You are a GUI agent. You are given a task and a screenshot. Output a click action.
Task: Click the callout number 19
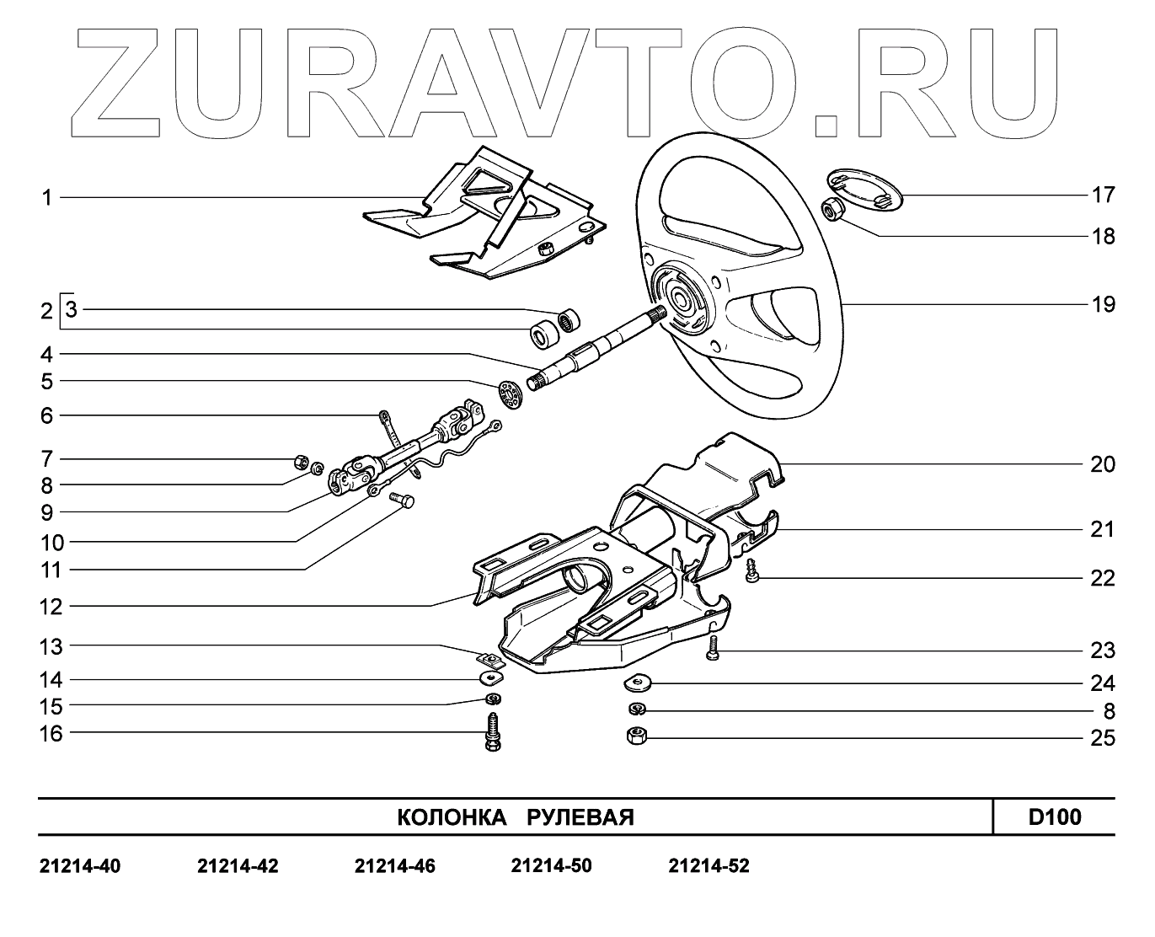pos(1103,304)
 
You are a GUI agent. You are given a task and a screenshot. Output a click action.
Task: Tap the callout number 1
pos(47,198)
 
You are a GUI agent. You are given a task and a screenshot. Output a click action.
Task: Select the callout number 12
pos(51,606)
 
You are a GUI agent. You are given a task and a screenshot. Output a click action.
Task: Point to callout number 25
pos(1103,739)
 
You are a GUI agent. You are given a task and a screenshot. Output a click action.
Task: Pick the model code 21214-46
pos(395,866)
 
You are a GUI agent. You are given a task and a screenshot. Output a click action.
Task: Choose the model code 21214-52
pos(709,866)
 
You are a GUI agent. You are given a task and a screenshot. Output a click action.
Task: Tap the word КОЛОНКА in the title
pos(451,817)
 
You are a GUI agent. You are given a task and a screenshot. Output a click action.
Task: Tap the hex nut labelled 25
pos(636,736)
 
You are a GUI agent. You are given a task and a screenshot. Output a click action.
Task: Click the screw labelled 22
pos(752,573)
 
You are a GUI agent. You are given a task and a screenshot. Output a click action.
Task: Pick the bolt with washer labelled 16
pos(493,731)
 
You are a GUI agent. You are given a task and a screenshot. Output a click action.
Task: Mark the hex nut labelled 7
pos(299,461)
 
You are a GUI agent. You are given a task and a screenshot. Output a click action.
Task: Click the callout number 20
pos(1103,464)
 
